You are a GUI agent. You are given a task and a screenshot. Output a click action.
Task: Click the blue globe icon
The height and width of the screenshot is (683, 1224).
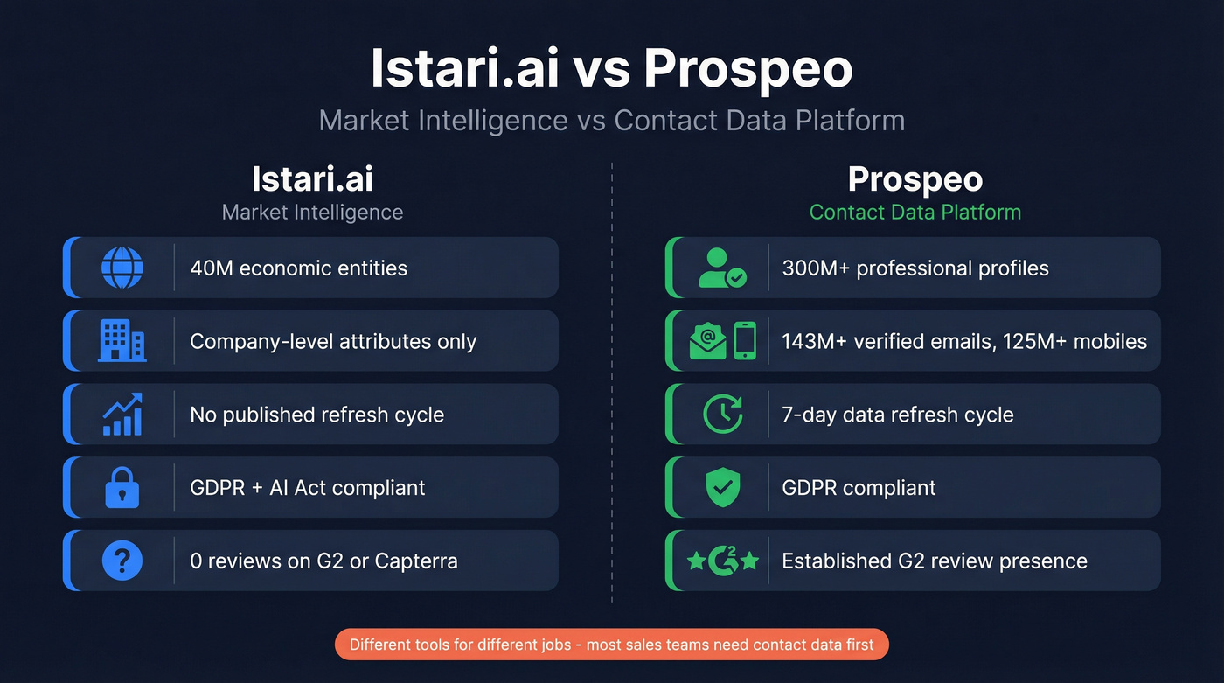tap(122, 268)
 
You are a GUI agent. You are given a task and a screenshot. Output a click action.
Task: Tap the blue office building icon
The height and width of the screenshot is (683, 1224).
tap(122, 341)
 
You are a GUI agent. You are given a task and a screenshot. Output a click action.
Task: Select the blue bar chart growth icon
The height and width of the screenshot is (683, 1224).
tap(122, 415)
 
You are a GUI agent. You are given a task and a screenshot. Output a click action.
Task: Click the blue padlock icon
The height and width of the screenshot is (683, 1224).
tap(122, 487)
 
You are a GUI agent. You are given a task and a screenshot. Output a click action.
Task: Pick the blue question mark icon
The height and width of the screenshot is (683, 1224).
tap(122, 561)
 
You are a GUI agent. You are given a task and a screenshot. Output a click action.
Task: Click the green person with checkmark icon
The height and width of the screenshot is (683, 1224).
tap(722, 268)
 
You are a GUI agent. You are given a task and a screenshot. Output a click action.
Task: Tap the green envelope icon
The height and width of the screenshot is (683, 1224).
tap(707, 341)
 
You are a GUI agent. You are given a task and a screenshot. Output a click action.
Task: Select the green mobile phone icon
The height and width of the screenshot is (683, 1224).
tap(744, 341)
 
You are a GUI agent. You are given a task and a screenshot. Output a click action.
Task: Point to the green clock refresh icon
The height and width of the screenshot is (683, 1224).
tap(723, 415)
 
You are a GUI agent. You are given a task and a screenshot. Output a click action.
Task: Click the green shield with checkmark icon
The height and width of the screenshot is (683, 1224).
tap(723, 487)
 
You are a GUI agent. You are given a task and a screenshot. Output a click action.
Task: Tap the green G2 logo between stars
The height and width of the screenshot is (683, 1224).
tap(723, 561)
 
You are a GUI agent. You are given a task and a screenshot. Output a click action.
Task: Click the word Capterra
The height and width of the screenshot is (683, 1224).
tap(416, 561)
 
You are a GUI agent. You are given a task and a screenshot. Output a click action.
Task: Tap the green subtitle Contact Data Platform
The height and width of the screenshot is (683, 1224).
tap(915, 212)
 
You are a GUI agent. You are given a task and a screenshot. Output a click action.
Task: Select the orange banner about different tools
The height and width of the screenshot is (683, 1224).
tap(612, 645)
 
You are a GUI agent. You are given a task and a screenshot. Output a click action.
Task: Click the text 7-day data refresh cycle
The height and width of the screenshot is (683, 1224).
tap(897, 415)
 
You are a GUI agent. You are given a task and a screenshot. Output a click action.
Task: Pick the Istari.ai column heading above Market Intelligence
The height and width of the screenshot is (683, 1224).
tap(312, 179)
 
